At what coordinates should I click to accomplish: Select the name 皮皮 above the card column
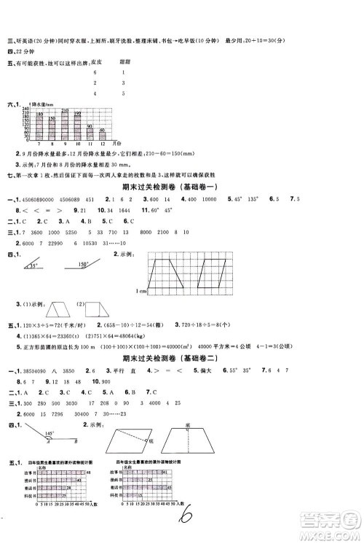point(92,63)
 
